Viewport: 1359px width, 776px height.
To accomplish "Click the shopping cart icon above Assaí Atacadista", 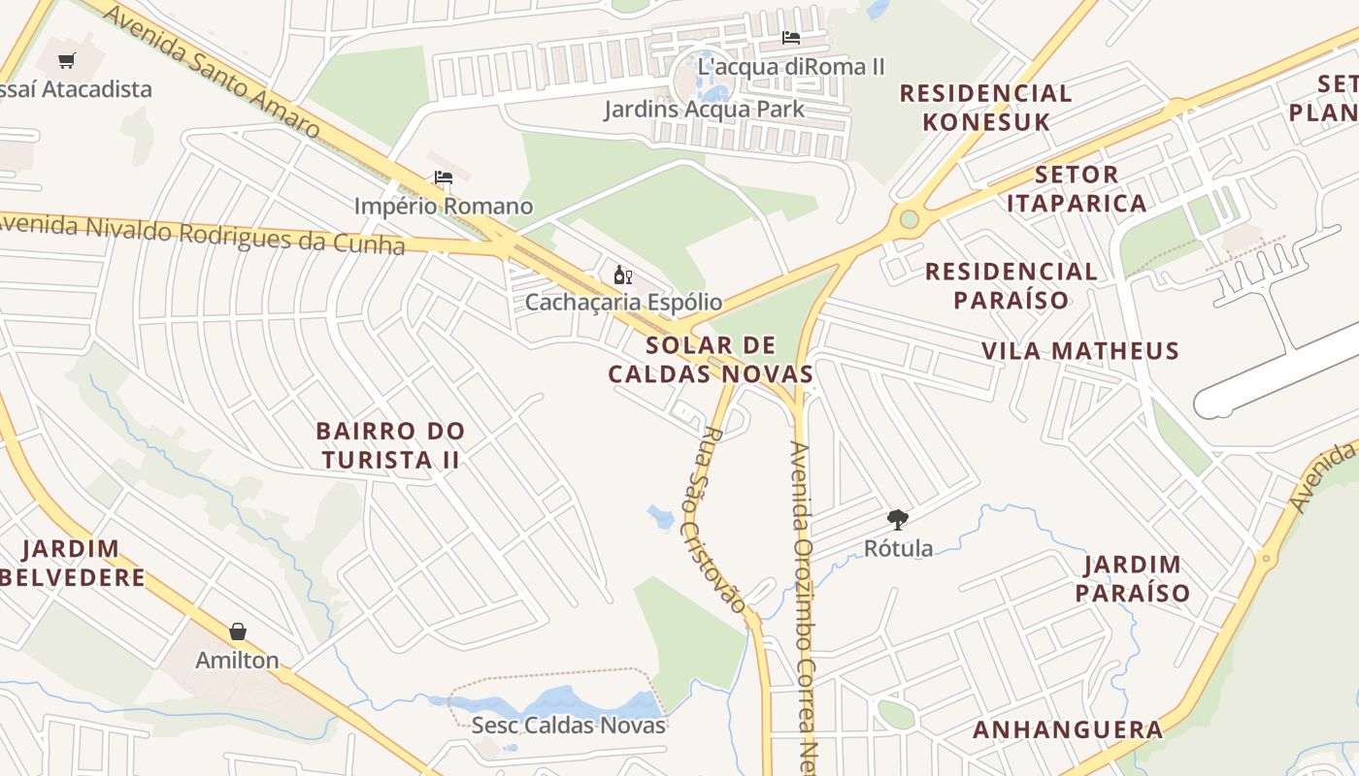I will point(67,61).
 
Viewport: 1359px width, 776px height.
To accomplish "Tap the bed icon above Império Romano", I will point(444,178).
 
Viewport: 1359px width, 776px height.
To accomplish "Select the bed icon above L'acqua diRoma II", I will point(791,38).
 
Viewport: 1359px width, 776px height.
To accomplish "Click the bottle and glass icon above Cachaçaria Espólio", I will point(622,275).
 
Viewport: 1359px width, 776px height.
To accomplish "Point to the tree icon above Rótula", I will point(898,520).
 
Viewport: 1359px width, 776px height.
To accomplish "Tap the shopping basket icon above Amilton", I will point(238,632).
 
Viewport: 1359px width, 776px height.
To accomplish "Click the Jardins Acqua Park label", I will point(704,109).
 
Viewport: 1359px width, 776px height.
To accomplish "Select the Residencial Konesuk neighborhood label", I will point(985,108).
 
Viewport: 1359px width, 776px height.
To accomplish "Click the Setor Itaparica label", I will point(1077,189).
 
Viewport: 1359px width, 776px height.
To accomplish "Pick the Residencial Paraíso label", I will point(1011,285).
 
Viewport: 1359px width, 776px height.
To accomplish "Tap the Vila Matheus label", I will point(1079,351).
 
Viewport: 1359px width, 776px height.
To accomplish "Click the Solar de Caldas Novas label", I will point(712,360).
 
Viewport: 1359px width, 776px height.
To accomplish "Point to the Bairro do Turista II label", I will point(390,445).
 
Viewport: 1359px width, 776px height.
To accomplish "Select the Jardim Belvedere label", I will point(74,564).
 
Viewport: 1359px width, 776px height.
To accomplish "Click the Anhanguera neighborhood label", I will point(1068,730).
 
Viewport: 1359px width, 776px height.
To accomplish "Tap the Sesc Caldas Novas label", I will point(569,726).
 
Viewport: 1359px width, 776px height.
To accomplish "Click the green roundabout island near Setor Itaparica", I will point(909,219).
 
